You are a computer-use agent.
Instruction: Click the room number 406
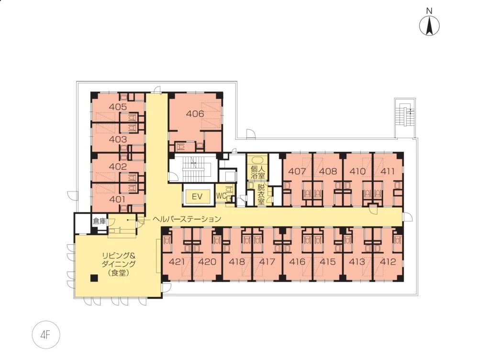(195, 113)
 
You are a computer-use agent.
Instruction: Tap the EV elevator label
(197, 197)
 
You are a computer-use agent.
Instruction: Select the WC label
(221, 196)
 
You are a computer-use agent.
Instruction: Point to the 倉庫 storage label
(100, 221)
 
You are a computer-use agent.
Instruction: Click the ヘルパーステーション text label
(187, 219)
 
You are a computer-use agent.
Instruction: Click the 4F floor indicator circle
(45, 335)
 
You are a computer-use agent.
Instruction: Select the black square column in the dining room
(93, 278)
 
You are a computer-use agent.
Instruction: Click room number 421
(177, 261)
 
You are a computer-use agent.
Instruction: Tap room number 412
(388, 261)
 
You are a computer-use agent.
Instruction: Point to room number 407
(297, 171)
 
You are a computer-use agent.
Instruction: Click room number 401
(118, 199)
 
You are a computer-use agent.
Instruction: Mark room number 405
(118, 107)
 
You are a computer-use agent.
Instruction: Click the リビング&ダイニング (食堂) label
(119, 264)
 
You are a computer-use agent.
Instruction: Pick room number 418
(237, 261)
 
